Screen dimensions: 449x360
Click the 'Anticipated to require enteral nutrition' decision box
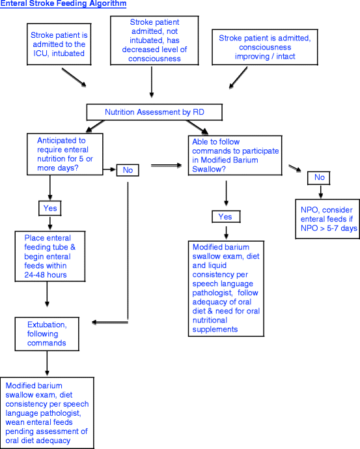[x=65, y=154]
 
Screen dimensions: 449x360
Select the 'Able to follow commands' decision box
[x=236, y=154]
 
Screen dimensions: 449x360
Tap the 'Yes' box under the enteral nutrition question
[x=50, y=209]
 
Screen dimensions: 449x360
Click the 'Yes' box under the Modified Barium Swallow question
[x=225, y=216]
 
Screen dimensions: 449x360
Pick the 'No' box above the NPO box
[x=319, y=177]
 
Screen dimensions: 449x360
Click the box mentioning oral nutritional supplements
[x=225, y=288]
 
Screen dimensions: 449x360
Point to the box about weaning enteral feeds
[x=46, y=412]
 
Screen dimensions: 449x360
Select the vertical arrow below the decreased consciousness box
[x=152, y=80]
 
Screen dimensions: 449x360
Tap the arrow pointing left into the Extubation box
[x=111, y=322]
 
